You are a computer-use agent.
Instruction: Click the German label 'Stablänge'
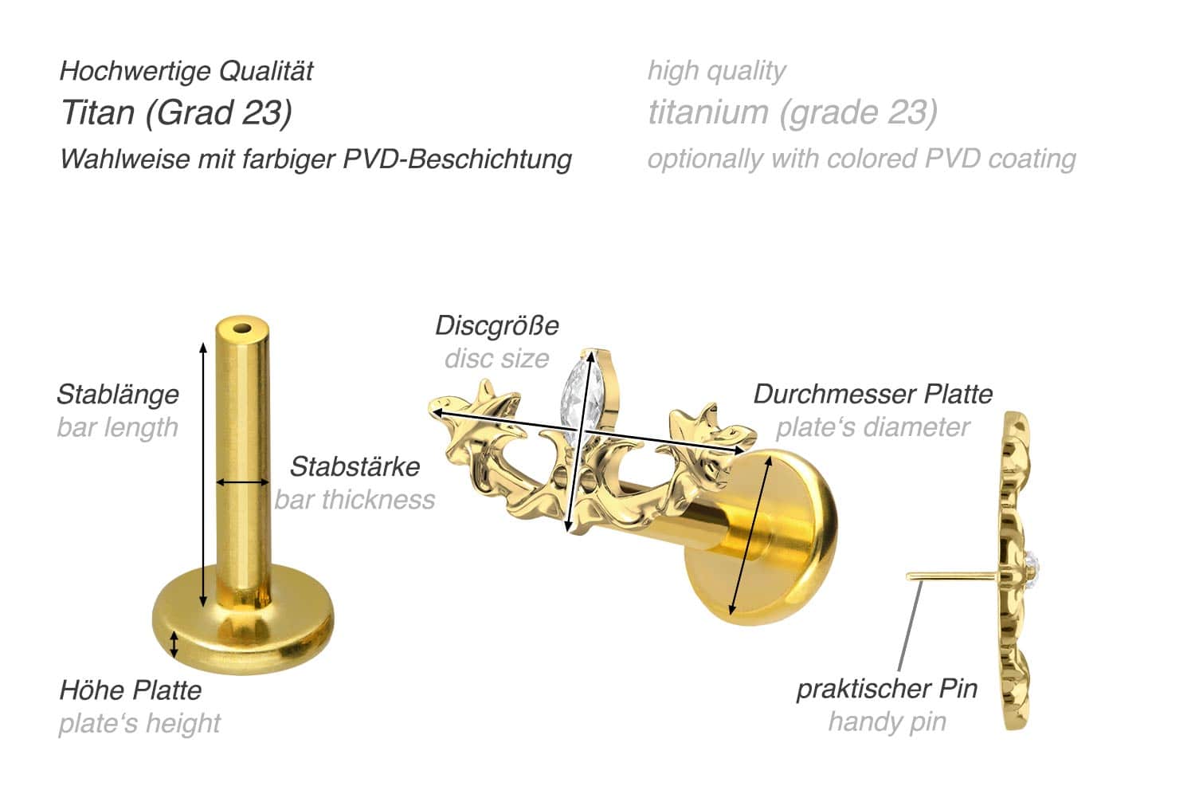(118, 394)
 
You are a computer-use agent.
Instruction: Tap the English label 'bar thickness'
(355, 500)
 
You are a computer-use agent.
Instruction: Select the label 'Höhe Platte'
(131, 690)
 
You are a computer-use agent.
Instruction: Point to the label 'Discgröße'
(496, 325)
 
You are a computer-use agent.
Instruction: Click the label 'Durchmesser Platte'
(873, 394)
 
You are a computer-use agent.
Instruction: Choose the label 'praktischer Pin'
(887, 688)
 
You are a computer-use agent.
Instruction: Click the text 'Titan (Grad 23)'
(176, 112)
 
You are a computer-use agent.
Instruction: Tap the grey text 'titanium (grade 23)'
(792, 112)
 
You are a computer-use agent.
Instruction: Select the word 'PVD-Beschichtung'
(457, 159)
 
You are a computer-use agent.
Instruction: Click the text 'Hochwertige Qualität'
(186, 71)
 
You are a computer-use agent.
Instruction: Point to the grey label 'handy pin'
(887, 721)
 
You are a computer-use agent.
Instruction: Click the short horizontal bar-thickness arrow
(243, 482)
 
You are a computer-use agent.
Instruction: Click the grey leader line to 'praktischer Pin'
(912, 630)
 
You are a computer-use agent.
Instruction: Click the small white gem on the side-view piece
(1036, 568)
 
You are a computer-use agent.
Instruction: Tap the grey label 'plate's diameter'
(872, 427)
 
